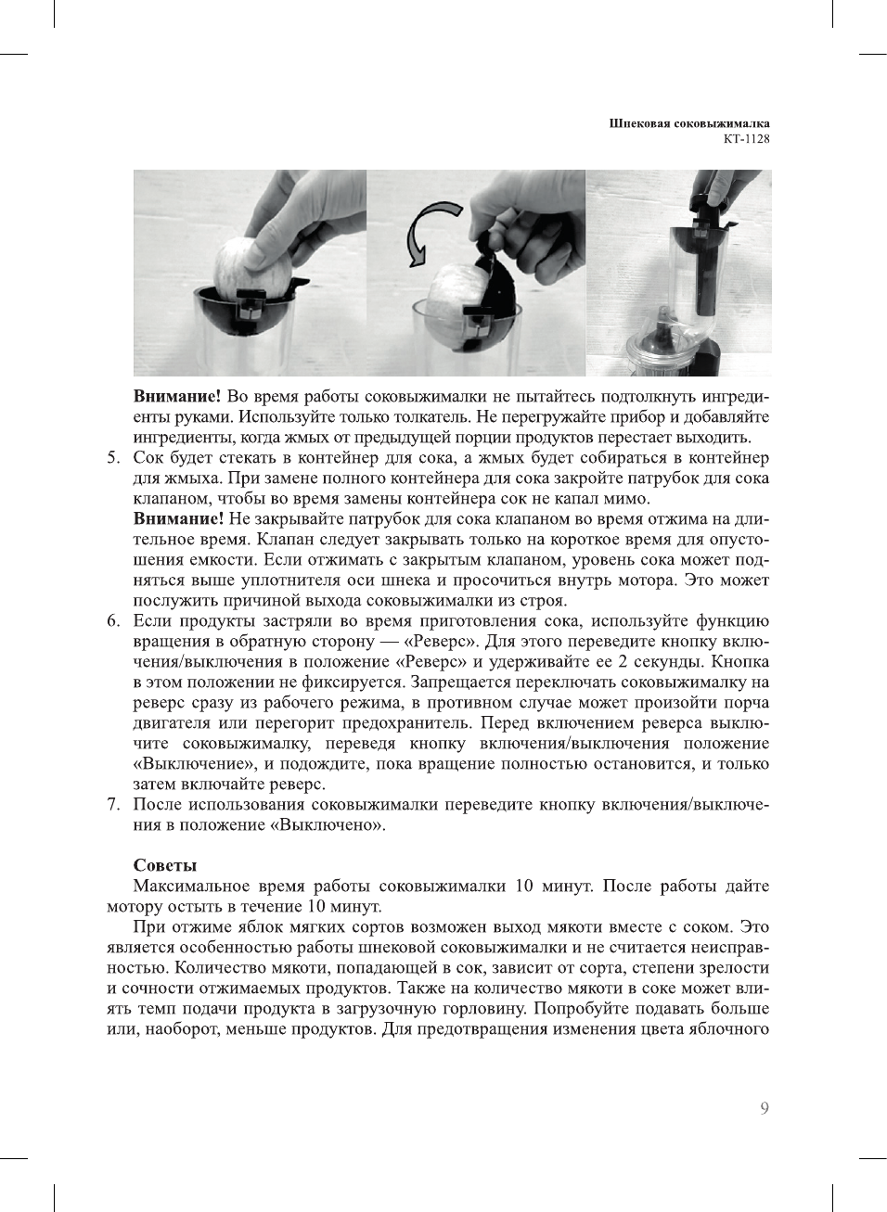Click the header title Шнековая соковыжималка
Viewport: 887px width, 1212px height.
(x=688, y=123)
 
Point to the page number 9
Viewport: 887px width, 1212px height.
(x=764, y=1108)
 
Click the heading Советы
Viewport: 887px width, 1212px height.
(x=165, y=865)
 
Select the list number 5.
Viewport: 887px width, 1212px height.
(x=113, y=457)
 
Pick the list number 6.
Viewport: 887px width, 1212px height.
(x=113, y=621)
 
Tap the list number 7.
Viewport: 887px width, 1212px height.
(x=113, y=804)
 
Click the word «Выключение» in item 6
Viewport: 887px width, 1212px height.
(x=193, y=764)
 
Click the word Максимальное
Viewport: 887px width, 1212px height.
(x=190, y=886)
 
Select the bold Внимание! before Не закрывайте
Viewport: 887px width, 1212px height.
(x=178, y=519)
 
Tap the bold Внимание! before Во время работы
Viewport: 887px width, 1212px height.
(x=177, y=397)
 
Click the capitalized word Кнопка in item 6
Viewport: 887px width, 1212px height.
(x=740, y=662)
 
